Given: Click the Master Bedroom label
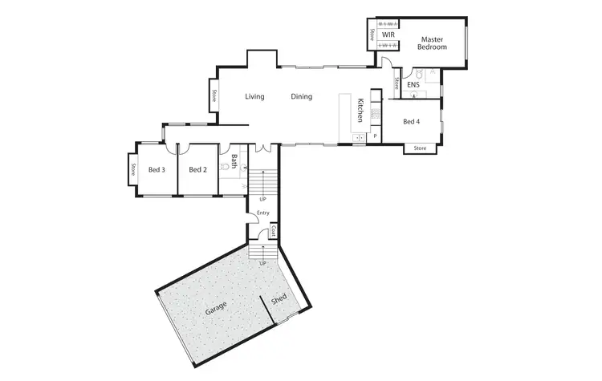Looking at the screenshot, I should point(431,43).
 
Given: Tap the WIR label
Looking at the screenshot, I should point(388,35).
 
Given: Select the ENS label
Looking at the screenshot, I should point(413,84).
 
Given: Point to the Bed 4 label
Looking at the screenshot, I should point(411,122).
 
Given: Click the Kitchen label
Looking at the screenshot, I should point(362,110).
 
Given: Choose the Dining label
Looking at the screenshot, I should point(302,97).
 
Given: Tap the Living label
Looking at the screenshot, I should point(254,97).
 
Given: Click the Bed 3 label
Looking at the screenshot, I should point(157,169).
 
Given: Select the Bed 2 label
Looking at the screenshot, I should point(198,169).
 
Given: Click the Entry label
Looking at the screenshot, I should point(262,213).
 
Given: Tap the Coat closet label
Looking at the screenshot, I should point(274,232).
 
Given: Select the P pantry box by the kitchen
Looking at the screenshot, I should point(374,136).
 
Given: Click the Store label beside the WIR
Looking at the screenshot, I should point(372,34).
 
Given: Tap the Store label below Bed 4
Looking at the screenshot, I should point(421,148).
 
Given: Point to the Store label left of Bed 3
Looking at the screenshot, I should point(132,171).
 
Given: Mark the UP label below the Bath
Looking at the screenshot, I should point(262,199).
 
